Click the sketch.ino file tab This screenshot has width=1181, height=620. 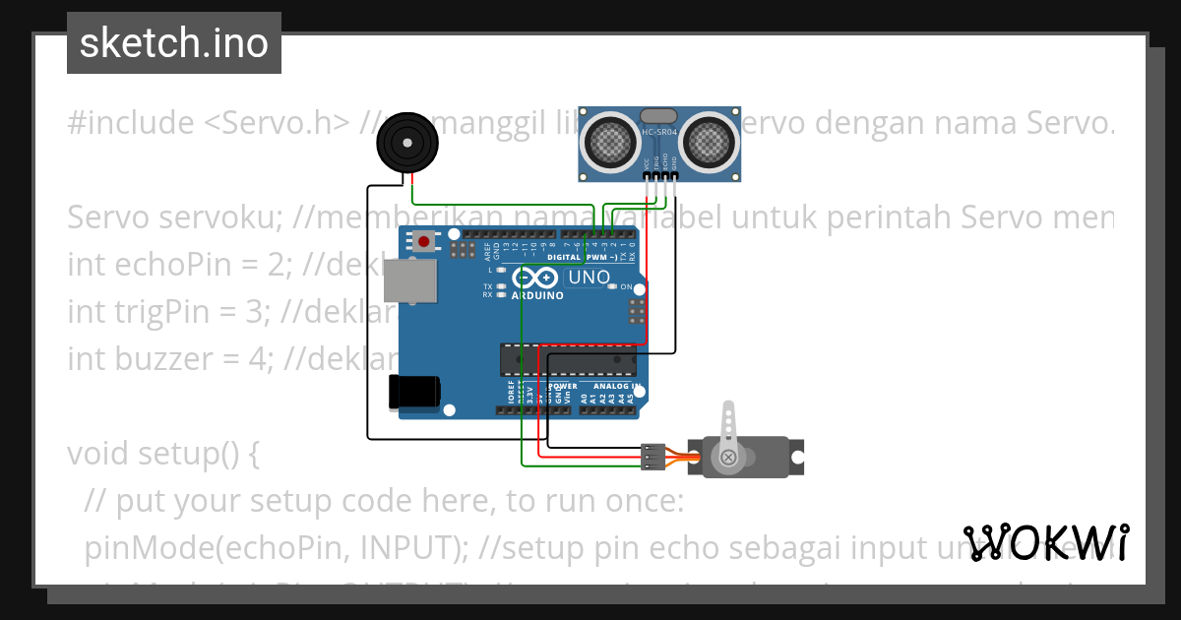(173, 43)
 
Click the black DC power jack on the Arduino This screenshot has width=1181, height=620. (413, 391)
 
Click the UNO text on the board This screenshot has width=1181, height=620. (590, 278)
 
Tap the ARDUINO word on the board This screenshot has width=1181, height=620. (537, 295)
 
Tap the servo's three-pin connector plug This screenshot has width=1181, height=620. (651, 457)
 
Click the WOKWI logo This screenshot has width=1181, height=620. (1045, 542)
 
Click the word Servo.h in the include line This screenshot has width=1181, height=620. (278, 123)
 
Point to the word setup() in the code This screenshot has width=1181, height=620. (201, 454)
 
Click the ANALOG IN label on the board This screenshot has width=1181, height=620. (618, 387)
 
